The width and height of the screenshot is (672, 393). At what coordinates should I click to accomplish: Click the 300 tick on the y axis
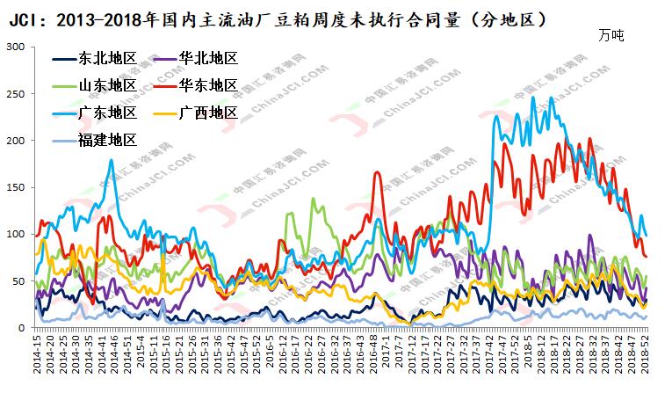pos(16,47)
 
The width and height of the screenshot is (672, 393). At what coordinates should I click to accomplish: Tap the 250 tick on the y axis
pos(16,93)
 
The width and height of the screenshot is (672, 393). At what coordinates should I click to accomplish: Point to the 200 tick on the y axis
pos(16,141)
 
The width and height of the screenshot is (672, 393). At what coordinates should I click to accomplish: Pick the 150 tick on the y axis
pos(16,187)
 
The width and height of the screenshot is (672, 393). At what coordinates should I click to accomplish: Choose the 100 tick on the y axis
pos(16,234)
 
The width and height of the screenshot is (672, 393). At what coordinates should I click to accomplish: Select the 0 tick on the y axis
pos(22,328)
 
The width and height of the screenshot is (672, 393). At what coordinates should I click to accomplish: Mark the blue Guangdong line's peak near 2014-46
pos(112,160)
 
